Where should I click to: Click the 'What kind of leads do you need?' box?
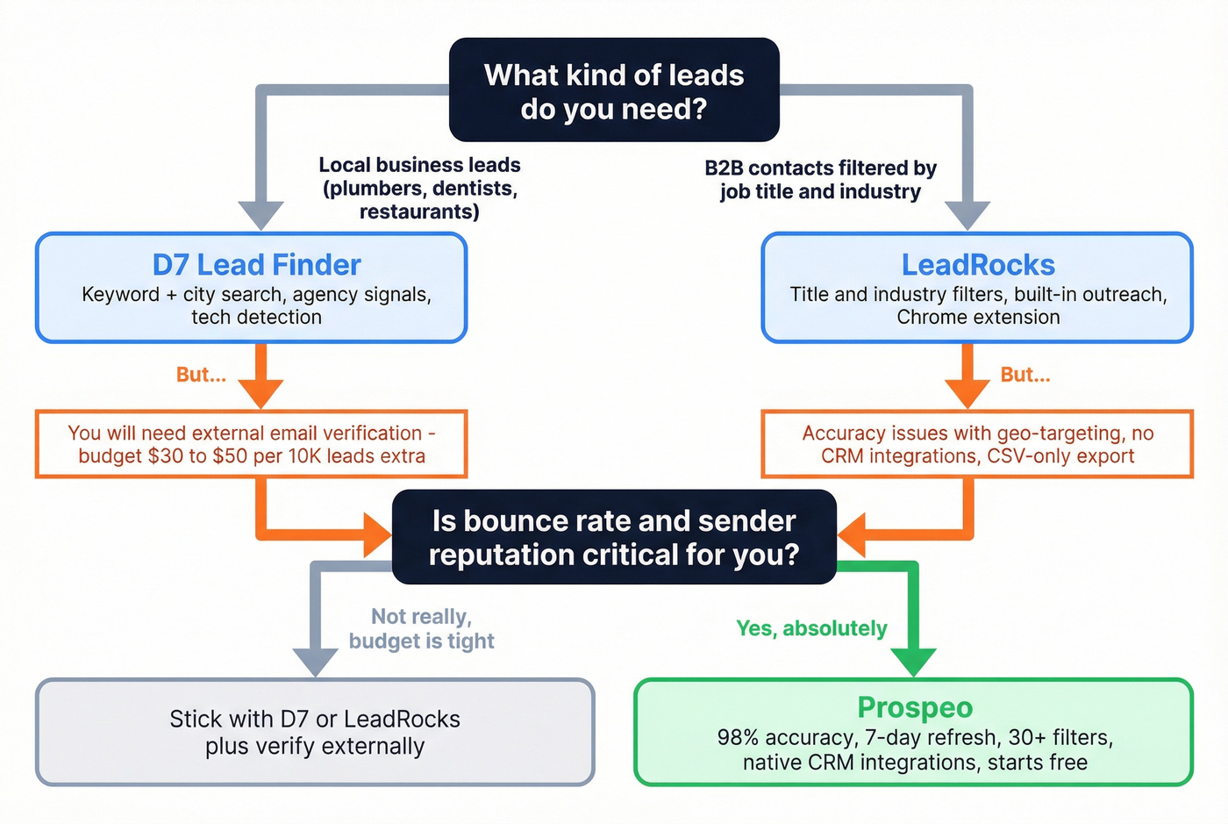(614, 90)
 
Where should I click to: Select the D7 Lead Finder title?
(256, 265)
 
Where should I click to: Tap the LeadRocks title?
(978, 265)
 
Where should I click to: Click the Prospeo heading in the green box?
(915, 707)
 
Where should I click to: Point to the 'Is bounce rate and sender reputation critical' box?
(614, 537)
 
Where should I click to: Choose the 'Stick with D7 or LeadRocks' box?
(315, 732)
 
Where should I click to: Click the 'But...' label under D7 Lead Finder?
(201, 375)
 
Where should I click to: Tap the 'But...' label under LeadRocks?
(1025, 375)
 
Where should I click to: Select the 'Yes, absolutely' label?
(811, 628)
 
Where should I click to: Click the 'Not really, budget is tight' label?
(421, 628)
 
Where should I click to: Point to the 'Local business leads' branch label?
(419, 188)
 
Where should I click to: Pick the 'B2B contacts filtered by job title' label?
(820, 180)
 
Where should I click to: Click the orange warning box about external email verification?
(252, 444)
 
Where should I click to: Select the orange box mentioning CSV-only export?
(977, 444)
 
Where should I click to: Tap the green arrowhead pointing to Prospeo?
(914, 662)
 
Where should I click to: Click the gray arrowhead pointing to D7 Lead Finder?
(261, 215)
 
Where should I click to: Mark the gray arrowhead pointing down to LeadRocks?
(967, 215)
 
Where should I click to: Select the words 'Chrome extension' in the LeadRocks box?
(978, 318)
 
